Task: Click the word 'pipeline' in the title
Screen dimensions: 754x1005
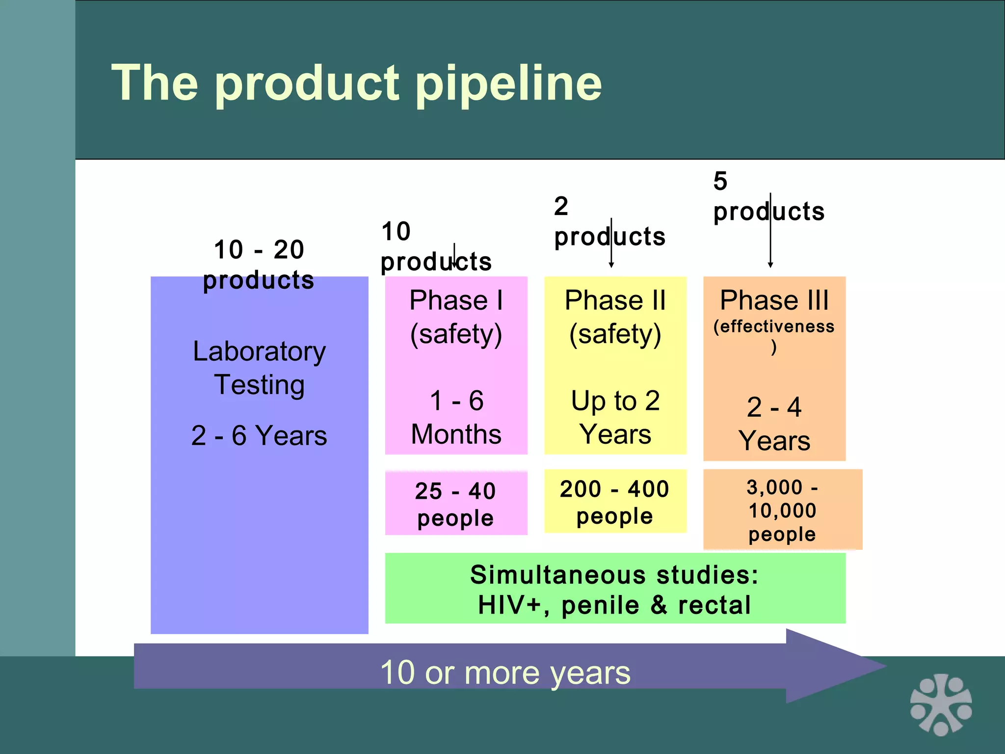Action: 509,83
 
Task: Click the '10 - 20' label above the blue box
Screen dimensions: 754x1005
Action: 259,249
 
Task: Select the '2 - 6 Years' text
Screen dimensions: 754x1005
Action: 259,435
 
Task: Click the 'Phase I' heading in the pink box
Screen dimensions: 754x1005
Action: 456,300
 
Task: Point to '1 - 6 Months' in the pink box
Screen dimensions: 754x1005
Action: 456,417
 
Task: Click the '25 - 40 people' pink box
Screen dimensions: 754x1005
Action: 456,504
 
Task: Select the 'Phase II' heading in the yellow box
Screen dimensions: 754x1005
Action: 615,300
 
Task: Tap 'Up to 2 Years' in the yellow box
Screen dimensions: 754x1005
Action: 615,417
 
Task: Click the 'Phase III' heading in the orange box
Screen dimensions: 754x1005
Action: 774,300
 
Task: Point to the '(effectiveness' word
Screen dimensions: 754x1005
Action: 774,326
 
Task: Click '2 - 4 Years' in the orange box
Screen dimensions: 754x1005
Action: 774,424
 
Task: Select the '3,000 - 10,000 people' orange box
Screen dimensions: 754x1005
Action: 782,510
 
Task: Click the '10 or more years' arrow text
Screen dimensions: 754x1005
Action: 505,673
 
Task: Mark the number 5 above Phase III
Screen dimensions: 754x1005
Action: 720,181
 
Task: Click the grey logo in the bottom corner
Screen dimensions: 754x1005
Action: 941,705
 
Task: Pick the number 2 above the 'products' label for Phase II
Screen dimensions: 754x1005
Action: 561,206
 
